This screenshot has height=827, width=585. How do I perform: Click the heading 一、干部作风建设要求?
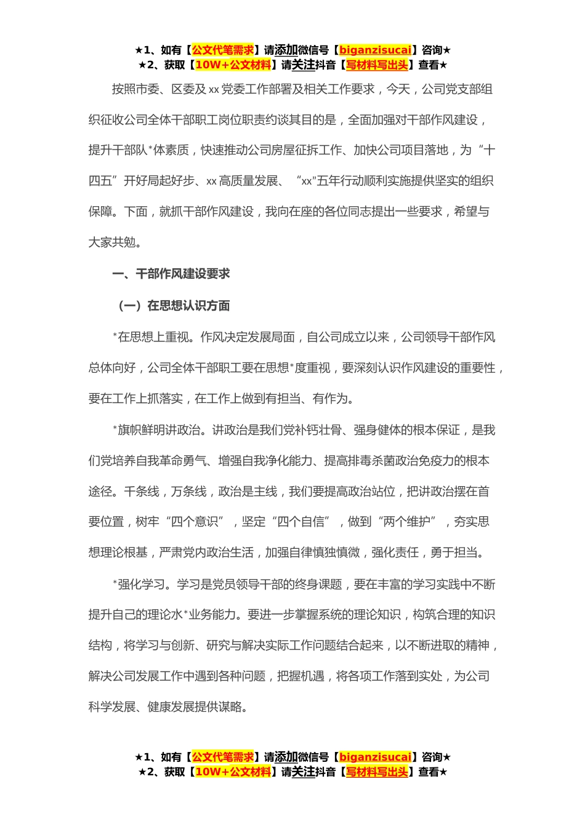click(x=171, y=274)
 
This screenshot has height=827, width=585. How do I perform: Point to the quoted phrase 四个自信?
click(x=301, y=522)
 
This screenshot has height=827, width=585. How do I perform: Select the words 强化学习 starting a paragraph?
click(x=142, y=584)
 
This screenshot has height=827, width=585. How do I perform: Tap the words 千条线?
click(x=142, y=492)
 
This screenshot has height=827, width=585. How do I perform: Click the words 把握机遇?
click(x=301, y=676)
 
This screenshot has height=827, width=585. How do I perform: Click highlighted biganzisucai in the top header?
click(x=375, y=50)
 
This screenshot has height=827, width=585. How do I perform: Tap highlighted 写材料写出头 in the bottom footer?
click(x=376, y=772)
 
